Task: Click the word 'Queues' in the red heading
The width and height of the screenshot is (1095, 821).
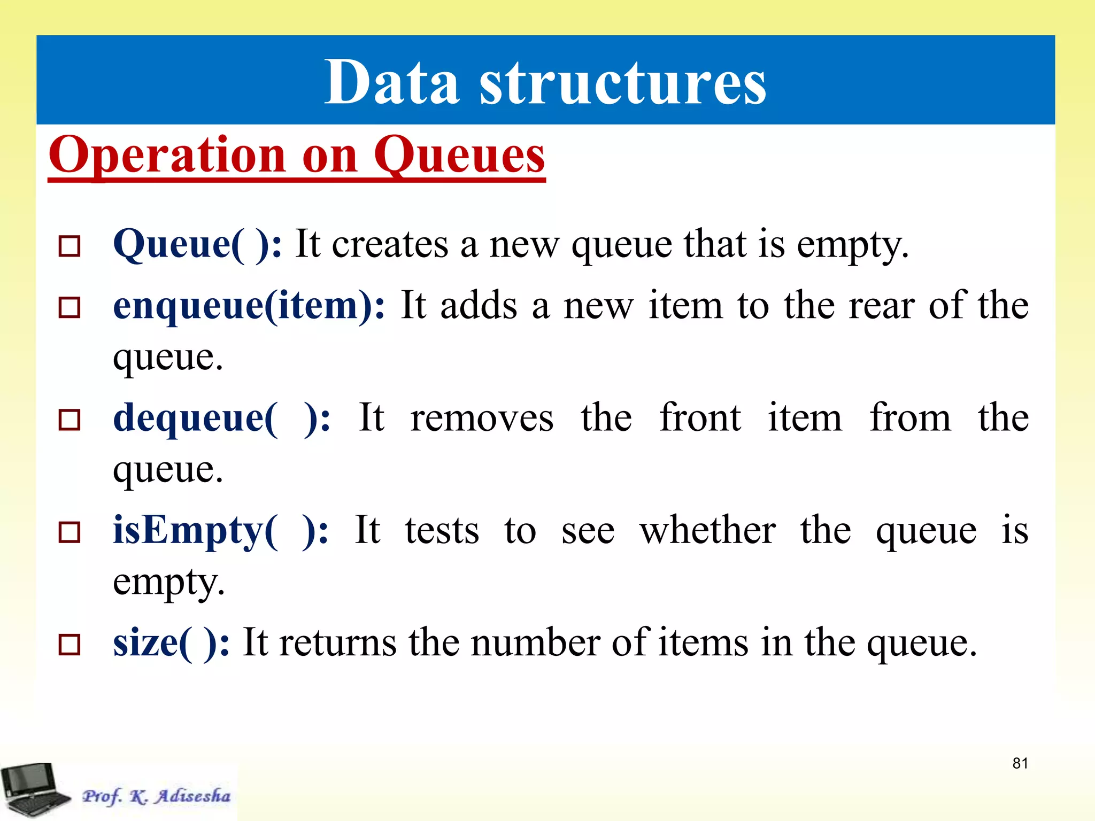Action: (459, 156)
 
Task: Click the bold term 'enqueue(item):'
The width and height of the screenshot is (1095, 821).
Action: (249, 306)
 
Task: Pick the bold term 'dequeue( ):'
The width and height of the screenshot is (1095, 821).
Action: (221, 418)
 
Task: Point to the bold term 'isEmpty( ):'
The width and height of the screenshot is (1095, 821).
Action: (220, 531)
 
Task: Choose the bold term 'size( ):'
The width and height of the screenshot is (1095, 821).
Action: (171, 643)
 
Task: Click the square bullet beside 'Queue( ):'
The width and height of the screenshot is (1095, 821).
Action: (70, 246)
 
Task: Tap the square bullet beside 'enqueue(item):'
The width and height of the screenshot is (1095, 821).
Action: (70, 308)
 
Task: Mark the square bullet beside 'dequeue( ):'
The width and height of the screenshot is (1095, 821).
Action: (70, 420)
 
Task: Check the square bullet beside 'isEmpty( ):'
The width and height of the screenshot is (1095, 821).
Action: (70, 532)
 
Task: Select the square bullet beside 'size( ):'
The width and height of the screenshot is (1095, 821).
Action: (70, 645)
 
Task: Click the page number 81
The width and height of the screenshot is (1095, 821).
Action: (1020, 763)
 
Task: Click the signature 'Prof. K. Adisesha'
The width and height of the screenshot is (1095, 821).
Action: (156, 796)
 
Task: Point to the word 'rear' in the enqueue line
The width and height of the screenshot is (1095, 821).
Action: (881, 306)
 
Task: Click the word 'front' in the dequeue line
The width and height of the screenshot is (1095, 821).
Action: (700, 418)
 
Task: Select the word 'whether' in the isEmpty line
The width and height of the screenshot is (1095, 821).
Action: (707, 531)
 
